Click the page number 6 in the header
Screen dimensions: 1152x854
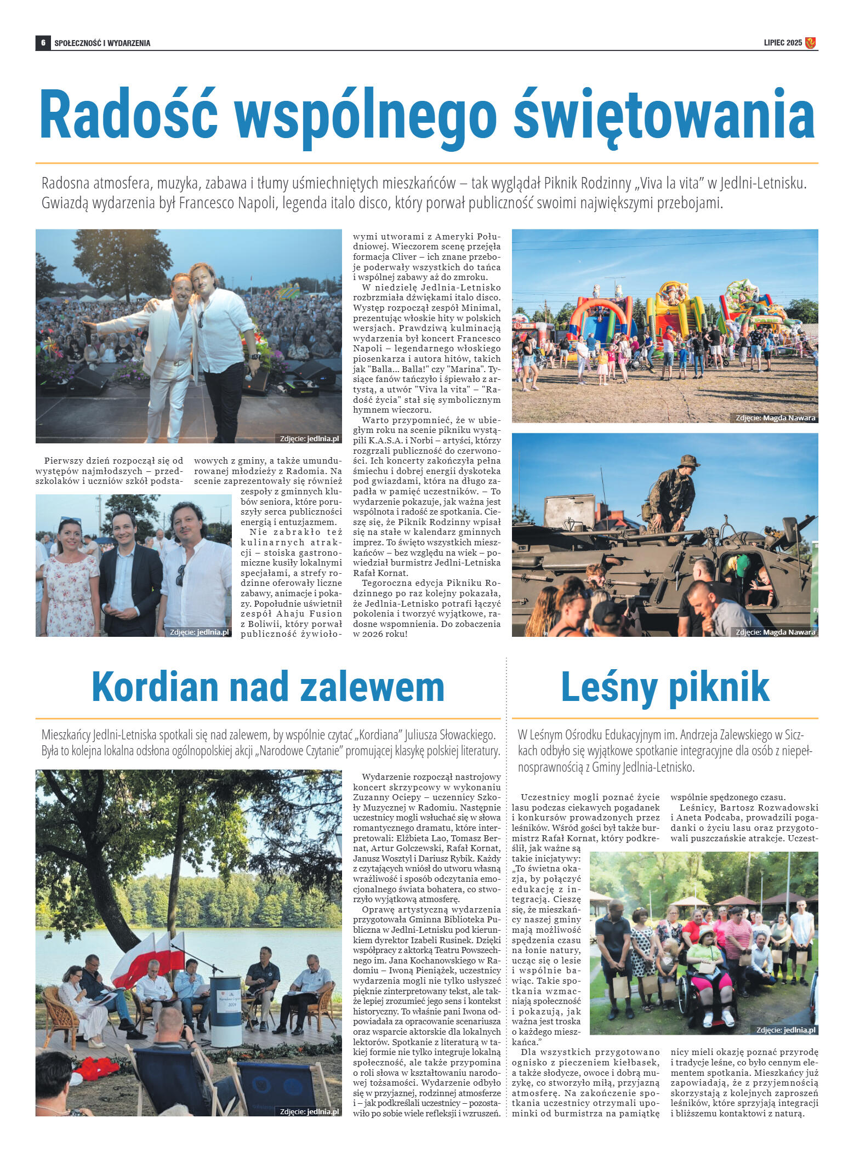[x=42, y=43]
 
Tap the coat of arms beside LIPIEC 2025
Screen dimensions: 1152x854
[x=810, y=43]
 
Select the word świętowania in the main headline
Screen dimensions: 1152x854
[x=664, y=117]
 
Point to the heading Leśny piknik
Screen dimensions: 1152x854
[x=665, y=687]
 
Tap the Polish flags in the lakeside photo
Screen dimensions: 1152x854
[x=149, y=963]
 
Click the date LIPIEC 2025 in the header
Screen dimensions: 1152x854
[x=782, y=43]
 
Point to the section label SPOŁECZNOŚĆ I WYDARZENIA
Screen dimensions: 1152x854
[x=102, y=43]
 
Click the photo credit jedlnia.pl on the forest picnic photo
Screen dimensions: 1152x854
[x=785, y=1030]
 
